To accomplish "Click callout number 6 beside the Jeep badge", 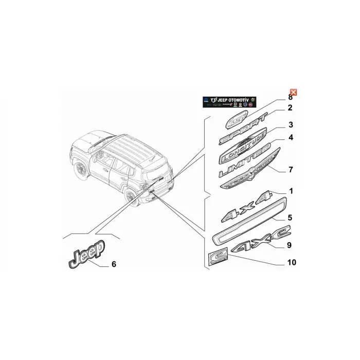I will [114, 265].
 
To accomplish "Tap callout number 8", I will [290, 97].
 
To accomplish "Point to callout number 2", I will [290, 108].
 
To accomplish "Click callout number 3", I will [290, 125].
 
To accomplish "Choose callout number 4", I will [290, 138].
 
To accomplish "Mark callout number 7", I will [290, 169].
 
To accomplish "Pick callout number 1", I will [290, 191].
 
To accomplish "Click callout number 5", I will [290, 218].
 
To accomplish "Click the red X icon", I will [293, 92].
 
